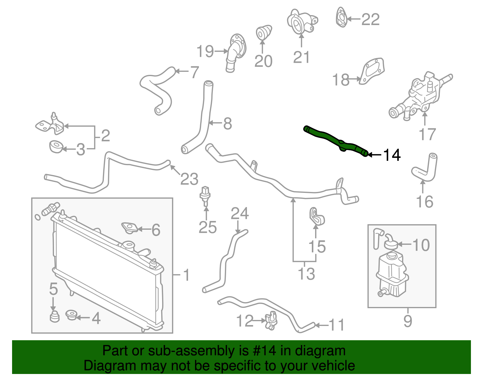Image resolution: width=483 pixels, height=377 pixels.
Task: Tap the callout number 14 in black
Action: (392, 155)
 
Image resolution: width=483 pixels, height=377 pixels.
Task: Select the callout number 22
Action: (370, 20)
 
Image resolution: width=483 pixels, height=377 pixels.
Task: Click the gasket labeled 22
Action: (341, 18)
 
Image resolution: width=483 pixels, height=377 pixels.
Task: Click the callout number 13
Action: (306, 274)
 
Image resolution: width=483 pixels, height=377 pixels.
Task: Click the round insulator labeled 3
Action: (56, 147)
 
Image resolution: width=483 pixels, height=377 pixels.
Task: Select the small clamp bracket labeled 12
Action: (271, 321)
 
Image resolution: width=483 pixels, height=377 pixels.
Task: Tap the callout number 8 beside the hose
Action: (227, 123)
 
